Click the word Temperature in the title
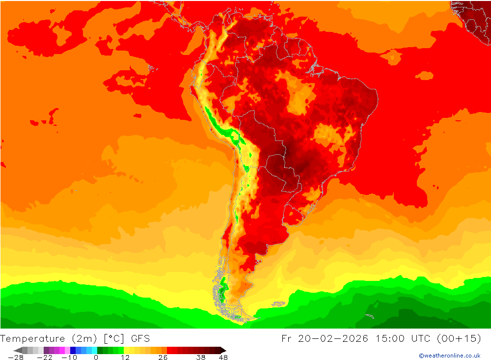pyautogui.click(x=32, y=338)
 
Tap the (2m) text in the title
pyautogui.click(x=83, y=338)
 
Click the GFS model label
pyautogui.click(x=140, y=338)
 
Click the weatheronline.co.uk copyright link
pyautogui.click(x=449, y=356)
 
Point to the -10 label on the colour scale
pyautogui.click(x=69, y=357)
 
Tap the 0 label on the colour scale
pyautogui.click(x=96, y=357)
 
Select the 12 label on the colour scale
pyautogui.click(x=125, y=357)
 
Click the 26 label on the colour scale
pyautogui.click(x=163, y=357)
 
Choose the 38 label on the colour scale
pyautogui.click(x=201, y=357)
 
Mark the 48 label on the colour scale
pyautogui.click(x=223, y=357)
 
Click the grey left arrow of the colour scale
pyautogui.click(x=18, y=350)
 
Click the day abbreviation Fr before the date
pyautogui.click(x=287, y=338)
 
